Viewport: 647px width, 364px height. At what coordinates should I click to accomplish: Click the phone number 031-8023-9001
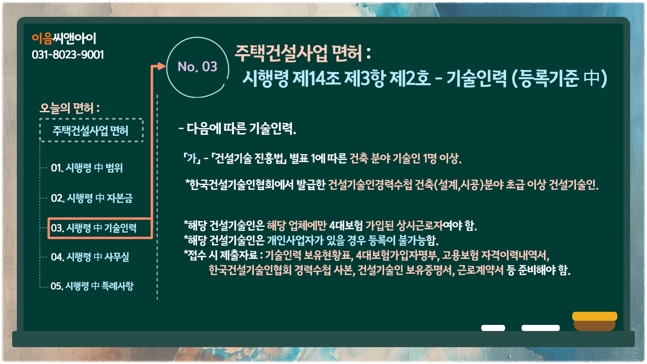68,55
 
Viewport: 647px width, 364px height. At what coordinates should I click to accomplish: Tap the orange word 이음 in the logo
42,38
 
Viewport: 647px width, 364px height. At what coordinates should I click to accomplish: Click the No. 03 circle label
197,67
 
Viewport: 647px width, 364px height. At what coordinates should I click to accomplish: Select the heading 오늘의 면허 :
70,108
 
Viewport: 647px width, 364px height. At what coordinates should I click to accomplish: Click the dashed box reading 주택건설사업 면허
91,130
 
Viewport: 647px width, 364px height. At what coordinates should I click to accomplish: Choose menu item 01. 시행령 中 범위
87,168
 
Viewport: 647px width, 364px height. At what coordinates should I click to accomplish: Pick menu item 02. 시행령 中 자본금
92,198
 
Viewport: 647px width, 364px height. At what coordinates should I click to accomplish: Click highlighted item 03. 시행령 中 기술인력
100,228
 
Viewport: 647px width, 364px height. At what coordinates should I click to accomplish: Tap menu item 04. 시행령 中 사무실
90,257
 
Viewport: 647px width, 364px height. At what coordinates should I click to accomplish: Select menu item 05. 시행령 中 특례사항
92,286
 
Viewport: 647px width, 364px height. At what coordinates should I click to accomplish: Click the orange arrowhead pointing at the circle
161,66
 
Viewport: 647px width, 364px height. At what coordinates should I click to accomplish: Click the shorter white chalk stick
493,328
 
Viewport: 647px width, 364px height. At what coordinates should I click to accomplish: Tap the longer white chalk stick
541,328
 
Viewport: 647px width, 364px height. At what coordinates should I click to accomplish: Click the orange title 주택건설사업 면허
298,53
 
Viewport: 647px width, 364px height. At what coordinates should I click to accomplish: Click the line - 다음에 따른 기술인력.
237,128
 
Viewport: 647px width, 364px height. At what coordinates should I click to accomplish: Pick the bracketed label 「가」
192,158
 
